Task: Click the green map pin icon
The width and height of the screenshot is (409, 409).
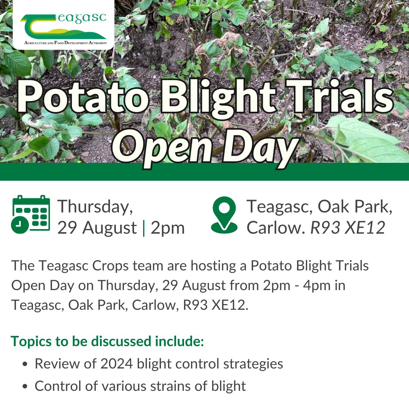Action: (224, 215)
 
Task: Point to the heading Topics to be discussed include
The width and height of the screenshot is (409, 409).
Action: (108, 341)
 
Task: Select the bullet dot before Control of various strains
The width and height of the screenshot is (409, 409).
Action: (25, 387)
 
